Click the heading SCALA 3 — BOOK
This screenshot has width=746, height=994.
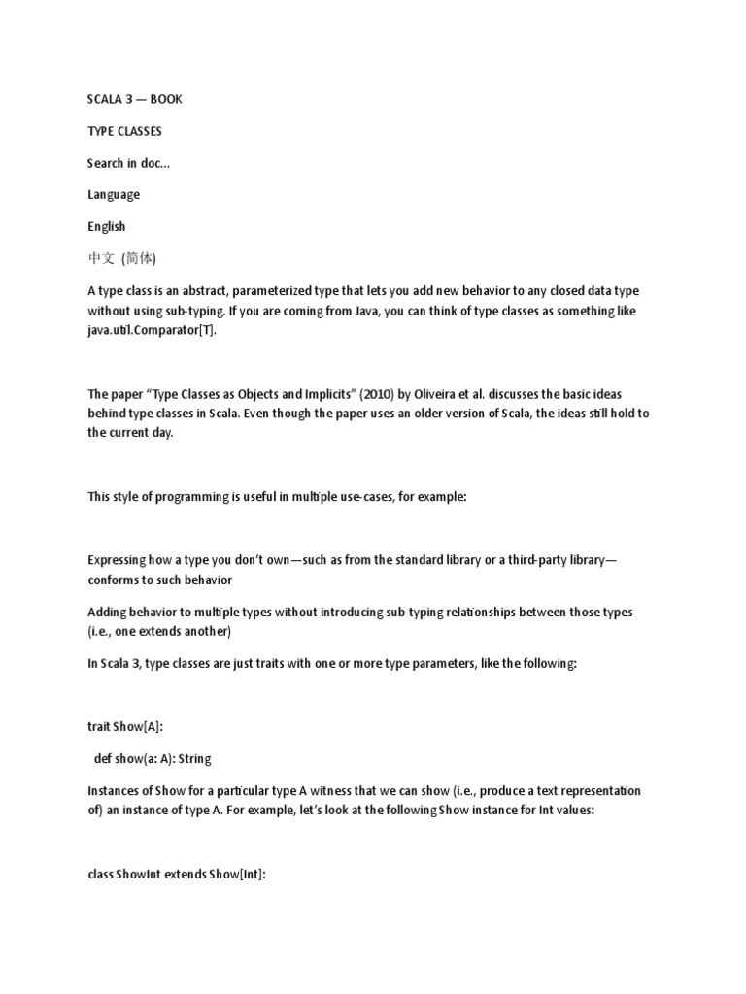click(134, 99)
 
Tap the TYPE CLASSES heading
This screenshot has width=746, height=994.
click(124, 131)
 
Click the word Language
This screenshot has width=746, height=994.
click(114, 194)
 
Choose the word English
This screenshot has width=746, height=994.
click(107, 226)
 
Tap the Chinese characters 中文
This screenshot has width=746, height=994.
click(101, 258)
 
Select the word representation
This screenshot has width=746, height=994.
click(593, 791)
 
